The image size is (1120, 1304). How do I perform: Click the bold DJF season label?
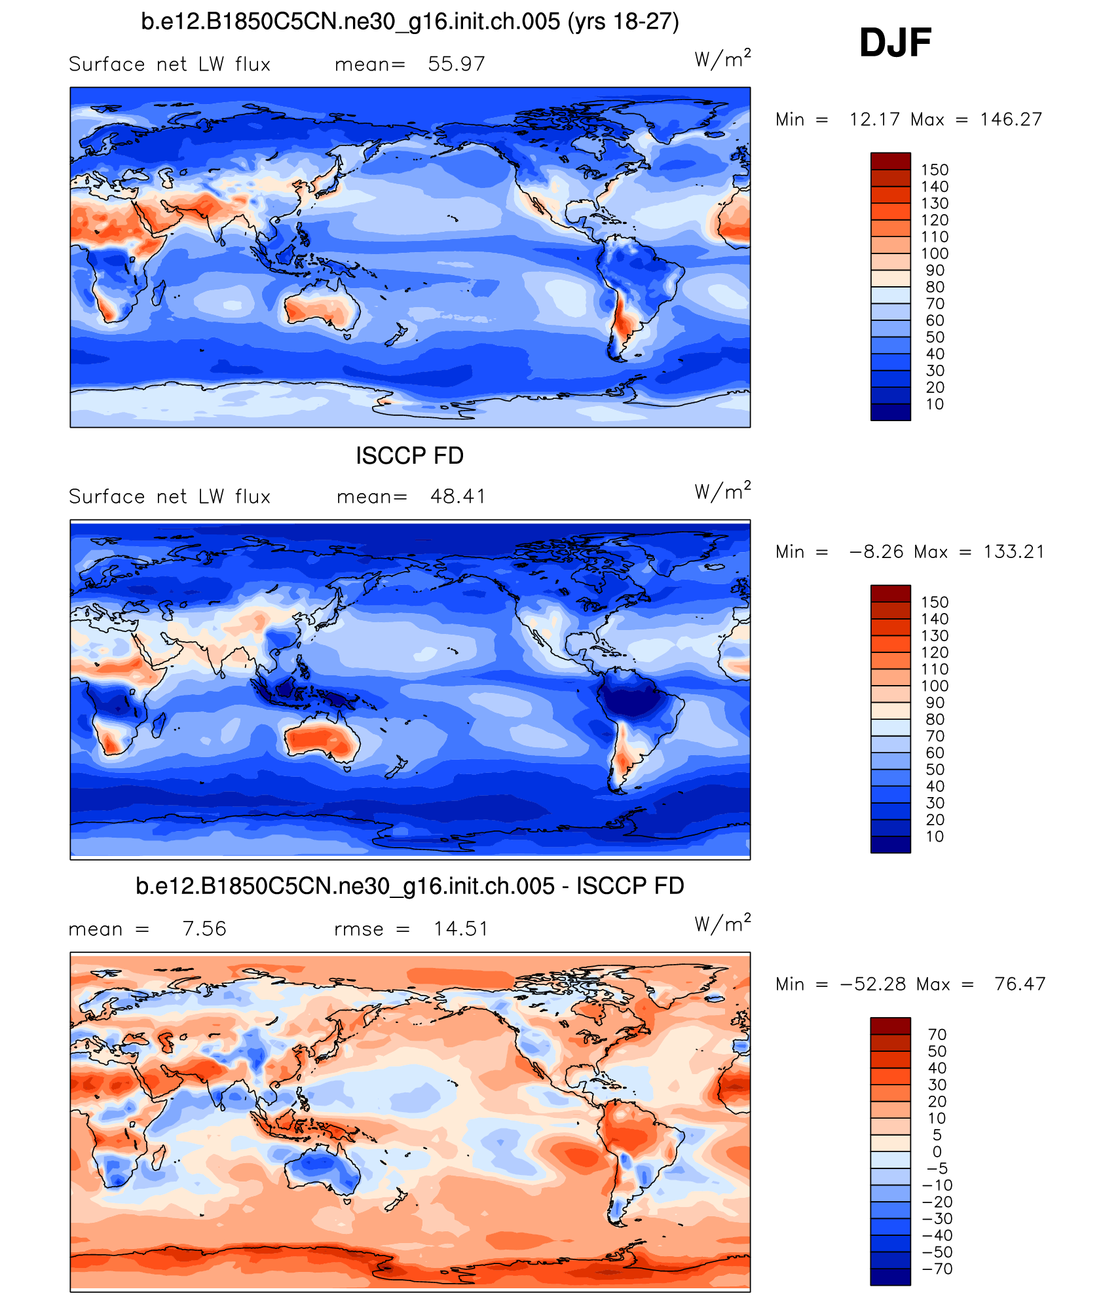click(x=895, y=43)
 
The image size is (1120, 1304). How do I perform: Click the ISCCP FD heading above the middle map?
click(x=409, y=456)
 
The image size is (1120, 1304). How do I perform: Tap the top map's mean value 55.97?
click(x=456, y=64)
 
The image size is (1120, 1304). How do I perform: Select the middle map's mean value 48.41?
click(x=458, y=496)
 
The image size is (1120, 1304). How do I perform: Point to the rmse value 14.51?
click(x=461, y=929)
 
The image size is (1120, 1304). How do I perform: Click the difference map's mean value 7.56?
click(x=204, y=929)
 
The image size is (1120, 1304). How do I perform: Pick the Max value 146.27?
click(x=1011, y=119)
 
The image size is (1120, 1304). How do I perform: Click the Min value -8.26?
click(x=874, y=551)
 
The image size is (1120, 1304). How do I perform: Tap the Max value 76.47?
click(x=1020, y=984)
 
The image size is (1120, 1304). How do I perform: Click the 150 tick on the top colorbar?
click(x=935, y=170)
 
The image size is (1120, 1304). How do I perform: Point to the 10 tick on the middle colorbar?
click(x=935, y=836)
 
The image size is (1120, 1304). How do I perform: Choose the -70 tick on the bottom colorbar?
click(x=937, y=1269)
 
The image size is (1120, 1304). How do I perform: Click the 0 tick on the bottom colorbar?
click(x=937, y=1151)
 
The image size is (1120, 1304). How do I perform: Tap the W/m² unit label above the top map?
click(x=722, y=60)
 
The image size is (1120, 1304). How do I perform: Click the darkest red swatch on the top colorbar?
click(x=890, y=161)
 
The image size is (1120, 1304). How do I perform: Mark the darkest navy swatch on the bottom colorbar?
click(x=890, y=1276)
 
